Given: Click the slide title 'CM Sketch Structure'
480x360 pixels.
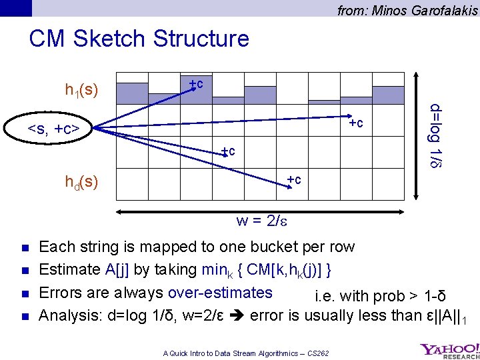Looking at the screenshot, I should [x=139, y=39].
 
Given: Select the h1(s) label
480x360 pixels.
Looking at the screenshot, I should [x=81, y=89].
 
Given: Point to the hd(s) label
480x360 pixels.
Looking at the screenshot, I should [x=81, y=181].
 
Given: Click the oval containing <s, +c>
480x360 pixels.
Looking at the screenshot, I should [x=53, y=127].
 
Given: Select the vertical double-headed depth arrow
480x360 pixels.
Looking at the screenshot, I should [x=417, y=133].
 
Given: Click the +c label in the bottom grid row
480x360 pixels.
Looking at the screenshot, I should [x=293, y=179].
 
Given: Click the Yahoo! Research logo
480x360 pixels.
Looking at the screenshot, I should [x=449, y=350].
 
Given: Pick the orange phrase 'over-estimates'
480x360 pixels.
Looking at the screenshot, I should [x=221, y=293].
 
